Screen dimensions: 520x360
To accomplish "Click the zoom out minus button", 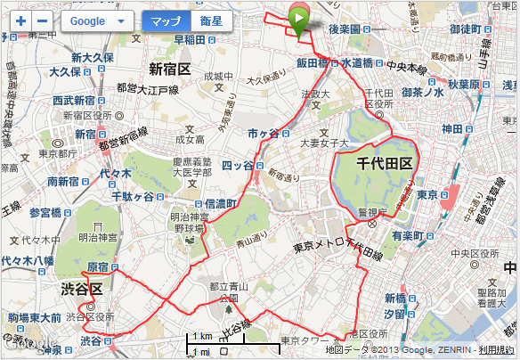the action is point(42,20).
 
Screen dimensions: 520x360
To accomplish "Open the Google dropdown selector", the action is point(97,20).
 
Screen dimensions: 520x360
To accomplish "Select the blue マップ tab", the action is point(166,20).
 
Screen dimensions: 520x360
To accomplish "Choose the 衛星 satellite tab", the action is point(211,20).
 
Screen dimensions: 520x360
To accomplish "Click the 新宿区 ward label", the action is point(170,69).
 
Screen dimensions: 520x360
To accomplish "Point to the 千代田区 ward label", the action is point(384,164).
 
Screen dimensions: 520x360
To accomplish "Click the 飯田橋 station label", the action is point(313,63).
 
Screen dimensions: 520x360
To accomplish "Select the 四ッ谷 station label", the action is point(237,164).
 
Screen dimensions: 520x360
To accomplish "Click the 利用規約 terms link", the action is point(496,350).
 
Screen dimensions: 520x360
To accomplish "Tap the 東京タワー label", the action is point(308,340).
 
